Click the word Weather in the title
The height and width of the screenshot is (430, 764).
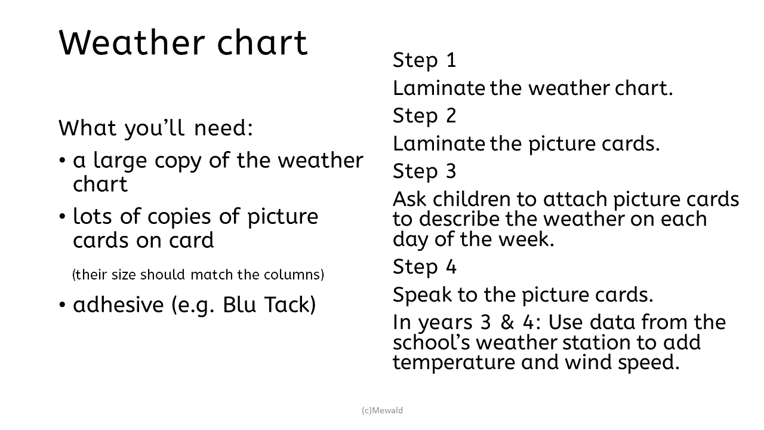click(x=132, y=42)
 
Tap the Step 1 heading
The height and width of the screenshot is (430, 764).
click(x=424, y=61)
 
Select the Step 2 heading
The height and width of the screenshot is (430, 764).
click(x=424, y=116)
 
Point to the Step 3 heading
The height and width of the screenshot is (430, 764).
click(x=424, y=171)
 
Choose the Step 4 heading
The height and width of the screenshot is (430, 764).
click(x=424, y=267)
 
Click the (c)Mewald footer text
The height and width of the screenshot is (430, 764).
click(x=382, y=410)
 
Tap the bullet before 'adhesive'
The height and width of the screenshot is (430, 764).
click(x=62, y=305)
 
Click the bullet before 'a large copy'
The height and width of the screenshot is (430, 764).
click(x=62, y=160)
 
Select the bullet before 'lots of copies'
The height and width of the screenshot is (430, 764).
click(x=62, y=216)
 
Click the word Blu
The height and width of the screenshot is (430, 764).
click(x=239, y=305)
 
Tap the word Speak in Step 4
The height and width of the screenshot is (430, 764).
click(x=422, y=295)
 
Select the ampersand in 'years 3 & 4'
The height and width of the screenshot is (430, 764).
click(x=507, y=322)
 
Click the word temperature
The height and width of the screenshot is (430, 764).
click(x=454, y=362)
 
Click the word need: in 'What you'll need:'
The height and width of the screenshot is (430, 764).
click(x=223, y=128)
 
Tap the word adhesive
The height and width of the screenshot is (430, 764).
click(x=118, y=305)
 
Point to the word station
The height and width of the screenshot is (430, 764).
click(x=596, y=343)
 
